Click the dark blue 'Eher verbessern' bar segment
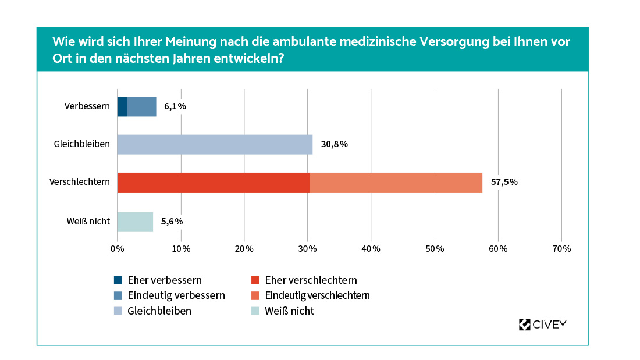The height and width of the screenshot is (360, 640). (122, 106)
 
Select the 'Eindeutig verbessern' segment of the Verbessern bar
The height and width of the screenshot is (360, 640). (141, 106)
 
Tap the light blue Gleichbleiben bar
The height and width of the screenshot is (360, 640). (215, 144)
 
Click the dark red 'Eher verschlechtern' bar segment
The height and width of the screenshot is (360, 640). (213, 182)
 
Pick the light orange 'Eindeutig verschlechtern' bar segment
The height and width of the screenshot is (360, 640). (396, 182)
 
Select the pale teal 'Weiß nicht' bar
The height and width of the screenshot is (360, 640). (135, 222)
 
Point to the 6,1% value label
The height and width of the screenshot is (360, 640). (175, 106)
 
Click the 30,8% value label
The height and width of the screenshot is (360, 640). (334, 144)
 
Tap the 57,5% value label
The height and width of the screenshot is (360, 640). (504, 182)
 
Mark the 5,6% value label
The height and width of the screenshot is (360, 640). (172, 222)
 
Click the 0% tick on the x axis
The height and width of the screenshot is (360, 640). (118, 249)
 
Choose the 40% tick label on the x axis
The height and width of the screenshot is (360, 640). (371, 249)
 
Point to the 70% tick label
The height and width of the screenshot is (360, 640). (561, 249)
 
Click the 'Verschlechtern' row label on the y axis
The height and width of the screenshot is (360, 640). (80, 182)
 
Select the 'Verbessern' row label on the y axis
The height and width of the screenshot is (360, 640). (87, 106)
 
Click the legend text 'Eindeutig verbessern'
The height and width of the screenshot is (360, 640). (176, 295)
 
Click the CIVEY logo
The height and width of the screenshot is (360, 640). (542, 325)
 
